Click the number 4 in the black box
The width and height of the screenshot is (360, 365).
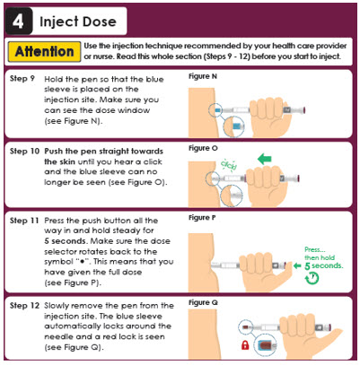coord(18,22)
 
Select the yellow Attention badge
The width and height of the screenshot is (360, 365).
coord(44,51)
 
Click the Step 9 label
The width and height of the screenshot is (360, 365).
coord(22,79)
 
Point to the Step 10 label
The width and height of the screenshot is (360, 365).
coord(24,151)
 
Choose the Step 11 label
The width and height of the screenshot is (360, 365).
coord(24,221)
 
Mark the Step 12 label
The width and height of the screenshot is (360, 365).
coord(24,306)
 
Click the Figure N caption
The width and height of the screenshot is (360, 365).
coord(203,76)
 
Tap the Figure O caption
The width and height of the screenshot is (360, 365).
coord(203,148)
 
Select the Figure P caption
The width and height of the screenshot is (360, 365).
coord(202,218)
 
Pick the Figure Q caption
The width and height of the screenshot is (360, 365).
coord(203,303)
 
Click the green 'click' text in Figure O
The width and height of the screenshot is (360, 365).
coord(229,164)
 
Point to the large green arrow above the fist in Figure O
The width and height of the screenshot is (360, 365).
coord(265,159)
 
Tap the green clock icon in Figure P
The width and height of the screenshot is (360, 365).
coord(312,278)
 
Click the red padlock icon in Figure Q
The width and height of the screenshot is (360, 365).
coord(245,345)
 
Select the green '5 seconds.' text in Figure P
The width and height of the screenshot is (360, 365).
coord(324,265)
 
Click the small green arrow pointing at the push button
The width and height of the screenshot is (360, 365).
coord(297,265)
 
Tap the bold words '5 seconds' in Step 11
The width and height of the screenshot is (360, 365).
coord(65,241)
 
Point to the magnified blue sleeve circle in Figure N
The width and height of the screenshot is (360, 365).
coord(234,126)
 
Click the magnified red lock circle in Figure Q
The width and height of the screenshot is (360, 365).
coord(265,346)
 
